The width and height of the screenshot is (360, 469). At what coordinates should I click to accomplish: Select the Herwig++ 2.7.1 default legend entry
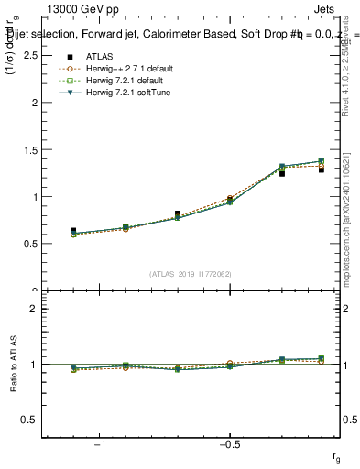119,69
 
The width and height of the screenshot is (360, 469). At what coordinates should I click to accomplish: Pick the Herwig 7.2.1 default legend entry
117,81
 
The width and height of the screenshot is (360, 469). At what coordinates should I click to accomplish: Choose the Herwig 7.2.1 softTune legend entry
119,93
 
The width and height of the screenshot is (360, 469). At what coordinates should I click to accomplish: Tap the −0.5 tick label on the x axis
229,444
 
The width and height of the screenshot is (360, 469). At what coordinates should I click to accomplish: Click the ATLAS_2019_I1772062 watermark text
191,273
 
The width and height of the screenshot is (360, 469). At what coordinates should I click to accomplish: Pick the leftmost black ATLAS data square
73,231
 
